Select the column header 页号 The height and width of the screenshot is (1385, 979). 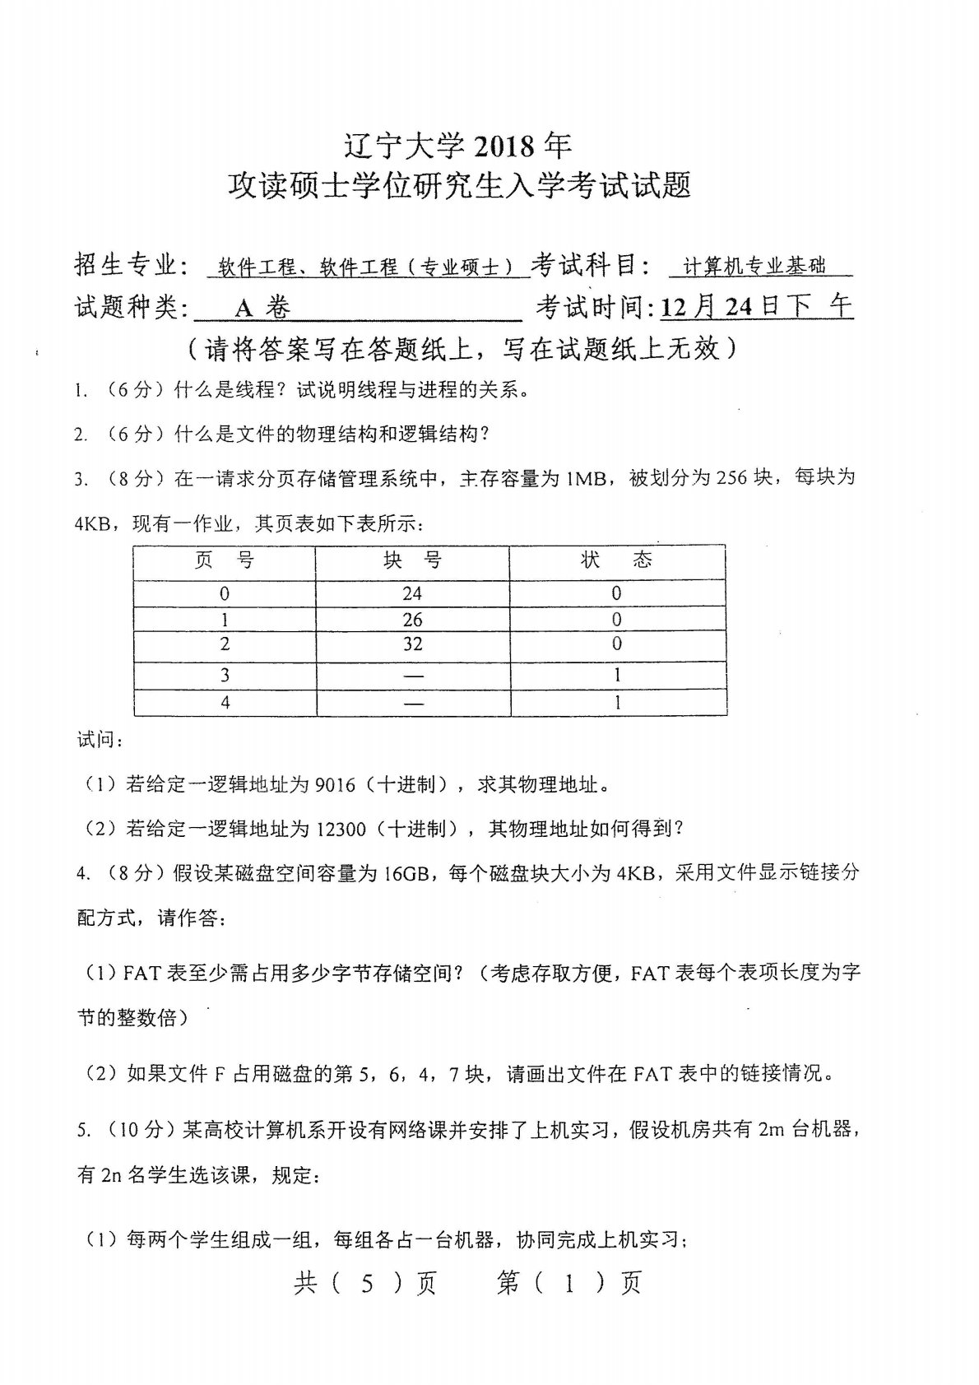pos(224,561)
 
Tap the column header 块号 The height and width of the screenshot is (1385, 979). pos(412,561)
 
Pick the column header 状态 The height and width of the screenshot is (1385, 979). pos(616,561)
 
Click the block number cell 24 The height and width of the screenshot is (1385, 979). pos(412,593)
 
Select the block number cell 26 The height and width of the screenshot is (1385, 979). pos(412,619)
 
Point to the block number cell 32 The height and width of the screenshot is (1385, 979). pos(412,644)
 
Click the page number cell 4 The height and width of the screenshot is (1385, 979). pos(225,702)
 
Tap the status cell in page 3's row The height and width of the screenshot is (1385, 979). pos(617,676)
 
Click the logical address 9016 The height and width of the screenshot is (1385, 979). pos(335,785)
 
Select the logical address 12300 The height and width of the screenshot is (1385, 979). pos(341,830)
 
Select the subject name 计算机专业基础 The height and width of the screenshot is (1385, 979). pos(755,266)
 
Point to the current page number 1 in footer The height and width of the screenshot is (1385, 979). pos(568,1284)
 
